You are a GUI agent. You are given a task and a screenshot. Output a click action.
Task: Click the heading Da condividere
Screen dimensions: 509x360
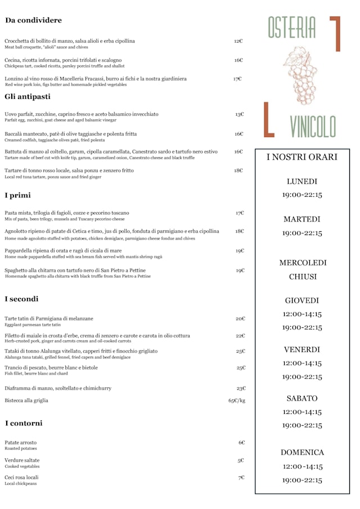click(x=34, y=21)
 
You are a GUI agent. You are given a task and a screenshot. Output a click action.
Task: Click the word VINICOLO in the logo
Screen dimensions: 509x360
click(x=313, y=126)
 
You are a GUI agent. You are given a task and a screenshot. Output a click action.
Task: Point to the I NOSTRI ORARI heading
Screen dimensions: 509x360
click(x=301, y=157)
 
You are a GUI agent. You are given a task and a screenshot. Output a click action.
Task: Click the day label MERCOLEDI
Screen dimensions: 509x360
click(x=303, y=263)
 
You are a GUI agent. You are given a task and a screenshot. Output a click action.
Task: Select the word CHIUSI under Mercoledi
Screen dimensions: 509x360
click(x=303, y=277)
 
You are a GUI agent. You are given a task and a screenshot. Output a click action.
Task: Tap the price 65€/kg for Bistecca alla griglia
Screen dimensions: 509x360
click(x=236, y=400)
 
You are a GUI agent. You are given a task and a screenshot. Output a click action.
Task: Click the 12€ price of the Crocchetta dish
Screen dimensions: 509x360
click(x=238, y=41)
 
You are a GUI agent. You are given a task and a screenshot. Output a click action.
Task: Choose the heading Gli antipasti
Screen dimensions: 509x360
click(x=27, y=97)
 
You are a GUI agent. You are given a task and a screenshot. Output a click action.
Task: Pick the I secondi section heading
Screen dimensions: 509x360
click(x=21, y=299)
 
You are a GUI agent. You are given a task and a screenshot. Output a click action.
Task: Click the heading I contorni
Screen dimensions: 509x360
click(x=24, y=423)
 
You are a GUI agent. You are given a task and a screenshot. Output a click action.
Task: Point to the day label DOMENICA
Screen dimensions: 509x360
click(x=302, y=452)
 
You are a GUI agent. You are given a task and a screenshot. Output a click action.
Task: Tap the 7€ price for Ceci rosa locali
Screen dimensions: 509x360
click(x=241, y=478)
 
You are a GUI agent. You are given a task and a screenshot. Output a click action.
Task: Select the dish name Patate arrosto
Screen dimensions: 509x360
click(x=20, y=443)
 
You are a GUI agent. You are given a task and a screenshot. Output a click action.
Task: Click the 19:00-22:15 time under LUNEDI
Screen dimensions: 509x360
click(x=302, y=195)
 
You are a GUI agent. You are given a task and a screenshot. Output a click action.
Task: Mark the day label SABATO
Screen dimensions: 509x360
click(x=302, y=398)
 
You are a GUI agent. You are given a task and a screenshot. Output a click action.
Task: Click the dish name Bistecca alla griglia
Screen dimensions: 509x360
click(x=26, y=400)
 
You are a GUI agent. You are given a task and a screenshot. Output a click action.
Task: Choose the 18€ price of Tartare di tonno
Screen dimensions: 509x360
click(x=238, y=170)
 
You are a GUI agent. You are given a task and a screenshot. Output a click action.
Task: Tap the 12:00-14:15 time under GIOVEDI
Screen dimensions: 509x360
click(x=302, y=314)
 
